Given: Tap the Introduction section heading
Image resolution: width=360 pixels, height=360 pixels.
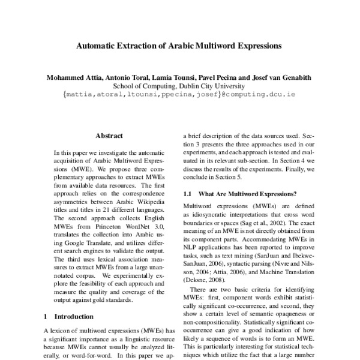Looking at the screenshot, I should (75, 316).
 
